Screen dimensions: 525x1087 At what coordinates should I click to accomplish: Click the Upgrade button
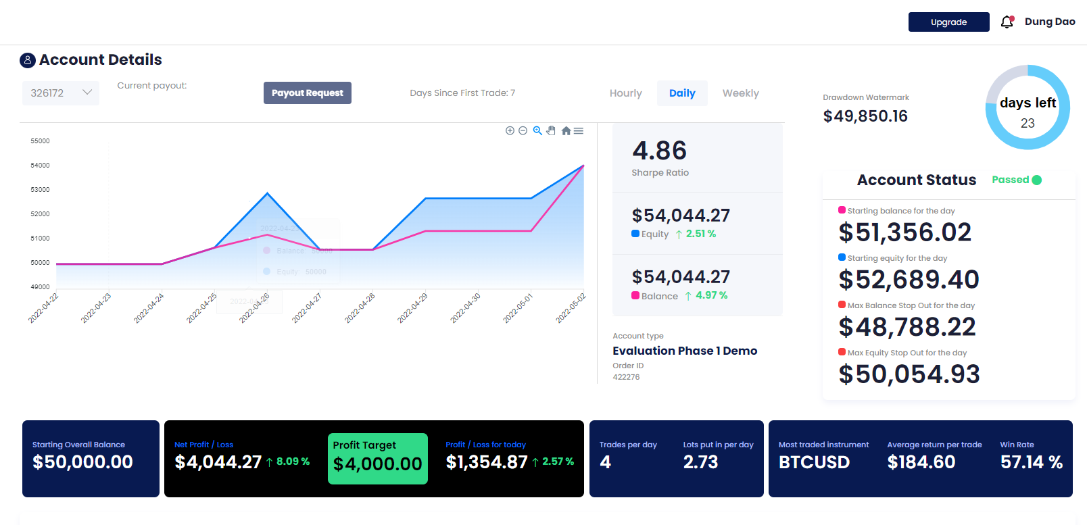click(948, 22)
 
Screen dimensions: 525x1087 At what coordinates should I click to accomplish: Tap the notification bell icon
click(1007, 22)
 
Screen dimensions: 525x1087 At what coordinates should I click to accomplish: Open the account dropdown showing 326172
click(61, 93)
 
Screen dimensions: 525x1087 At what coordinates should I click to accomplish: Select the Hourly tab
click(625, 93)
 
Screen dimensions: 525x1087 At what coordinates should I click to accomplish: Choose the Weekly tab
click(740, 93)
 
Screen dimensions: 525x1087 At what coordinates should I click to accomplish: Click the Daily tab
click(682, 93)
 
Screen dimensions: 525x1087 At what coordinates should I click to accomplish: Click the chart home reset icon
click(566, 130)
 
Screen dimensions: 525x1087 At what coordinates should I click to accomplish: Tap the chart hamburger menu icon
click(579, 130)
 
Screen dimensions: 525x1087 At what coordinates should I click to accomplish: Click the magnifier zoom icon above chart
click(537, 130)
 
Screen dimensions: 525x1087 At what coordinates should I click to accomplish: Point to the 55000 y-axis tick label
click(40, 141)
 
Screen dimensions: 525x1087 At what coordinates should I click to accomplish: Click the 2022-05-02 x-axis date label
click(571, 308)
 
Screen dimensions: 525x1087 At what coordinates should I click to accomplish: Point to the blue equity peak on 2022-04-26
click(268, 193)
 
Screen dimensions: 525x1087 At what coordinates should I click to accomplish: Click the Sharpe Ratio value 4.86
click(659, 150)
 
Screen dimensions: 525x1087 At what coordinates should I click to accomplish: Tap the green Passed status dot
click(1037, 180)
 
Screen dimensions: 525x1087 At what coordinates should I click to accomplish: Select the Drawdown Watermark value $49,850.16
click(865, 116)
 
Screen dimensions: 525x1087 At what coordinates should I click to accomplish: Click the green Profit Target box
click(377, 458)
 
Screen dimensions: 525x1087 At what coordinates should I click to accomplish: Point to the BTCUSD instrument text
click(814, 462)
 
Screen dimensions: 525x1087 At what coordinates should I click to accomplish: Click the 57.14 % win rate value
click(1031, 462)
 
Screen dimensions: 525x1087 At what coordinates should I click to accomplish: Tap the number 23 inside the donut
click(1028, 123)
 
